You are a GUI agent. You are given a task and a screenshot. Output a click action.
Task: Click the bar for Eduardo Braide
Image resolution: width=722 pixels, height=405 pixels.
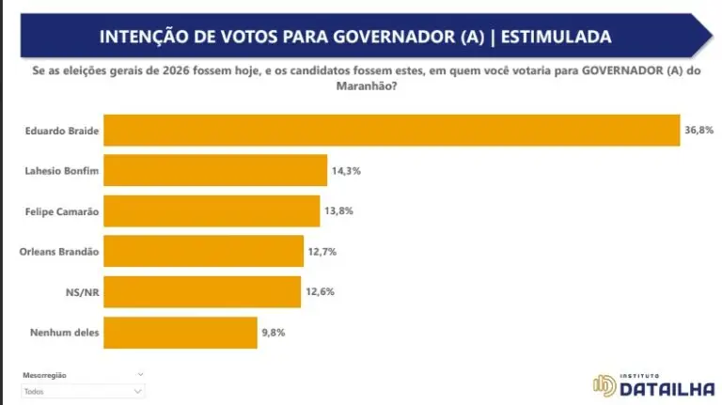click(x=391, y=130)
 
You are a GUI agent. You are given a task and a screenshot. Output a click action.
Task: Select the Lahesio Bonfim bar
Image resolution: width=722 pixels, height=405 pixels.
click(x=215, y=171)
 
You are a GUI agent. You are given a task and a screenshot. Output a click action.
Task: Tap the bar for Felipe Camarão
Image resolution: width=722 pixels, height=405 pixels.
click(x=212, y=211)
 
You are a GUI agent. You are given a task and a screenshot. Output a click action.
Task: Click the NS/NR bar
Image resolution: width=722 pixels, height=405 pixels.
click(x=202, y=291)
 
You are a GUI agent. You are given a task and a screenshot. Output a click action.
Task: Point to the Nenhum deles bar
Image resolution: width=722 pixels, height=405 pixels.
click(x=180, y=332)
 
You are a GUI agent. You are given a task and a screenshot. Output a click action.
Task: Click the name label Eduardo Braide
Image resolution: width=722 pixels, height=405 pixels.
click(x=62, y=130)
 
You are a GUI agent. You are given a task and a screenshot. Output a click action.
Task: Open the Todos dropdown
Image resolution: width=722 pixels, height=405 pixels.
click(x=83, y=391)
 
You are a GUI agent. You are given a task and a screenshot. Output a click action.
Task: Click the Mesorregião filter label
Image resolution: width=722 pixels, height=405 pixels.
click(x=45, y=375)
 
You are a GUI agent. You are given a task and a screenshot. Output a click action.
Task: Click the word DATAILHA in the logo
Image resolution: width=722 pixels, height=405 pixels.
click(x=667, y=387)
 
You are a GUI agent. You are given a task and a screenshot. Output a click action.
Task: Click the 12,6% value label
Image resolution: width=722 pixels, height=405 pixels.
click(x=320, y=291)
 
